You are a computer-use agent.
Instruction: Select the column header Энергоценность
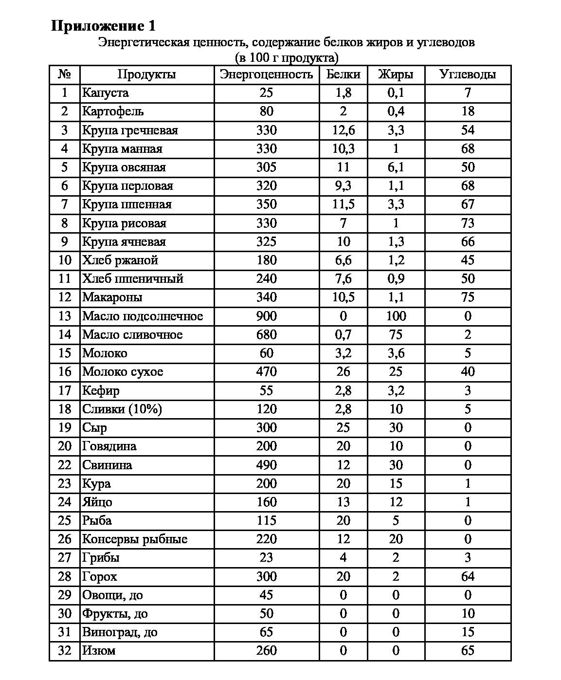point(266,74)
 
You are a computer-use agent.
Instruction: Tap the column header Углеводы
point(467,74)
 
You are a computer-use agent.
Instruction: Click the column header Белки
point(343,74)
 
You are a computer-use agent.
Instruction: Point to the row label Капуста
point(106,93)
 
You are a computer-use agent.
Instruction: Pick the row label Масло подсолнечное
point(143,316)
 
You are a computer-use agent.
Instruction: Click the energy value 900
point(266,316)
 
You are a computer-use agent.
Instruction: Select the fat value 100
point(396,316)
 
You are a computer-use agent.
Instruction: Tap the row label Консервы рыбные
point(135,539)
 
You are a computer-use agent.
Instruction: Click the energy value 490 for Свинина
point(266,465)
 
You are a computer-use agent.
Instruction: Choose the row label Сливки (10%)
point(122,409)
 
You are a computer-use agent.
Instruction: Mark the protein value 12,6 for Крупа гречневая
point(343,130)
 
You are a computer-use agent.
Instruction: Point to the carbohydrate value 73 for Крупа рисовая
point(467,223)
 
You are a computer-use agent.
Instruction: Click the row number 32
point(64,651)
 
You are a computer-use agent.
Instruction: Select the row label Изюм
point(99,651)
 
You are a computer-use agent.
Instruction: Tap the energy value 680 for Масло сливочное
point(266,335)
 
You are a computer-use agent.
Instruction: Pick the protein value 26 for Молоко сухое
point(343,372)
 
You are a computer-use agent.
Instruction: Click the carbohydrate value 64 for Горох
point(467,577)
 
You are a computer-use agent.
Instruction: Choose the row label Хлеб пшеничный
point(133,279)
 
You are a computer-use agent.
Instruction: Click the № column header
point(64,74)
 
